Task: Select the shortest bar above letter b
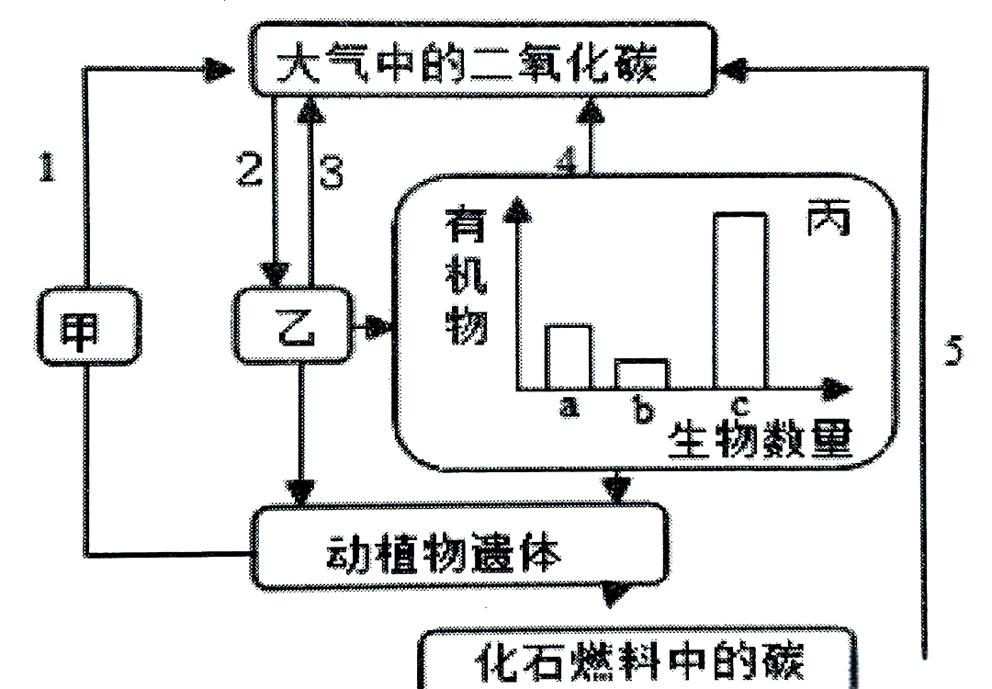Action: point(641,374)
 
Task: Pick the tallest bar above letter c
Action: point(739,300)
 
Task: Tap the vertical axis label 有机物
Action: point(468,276)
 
